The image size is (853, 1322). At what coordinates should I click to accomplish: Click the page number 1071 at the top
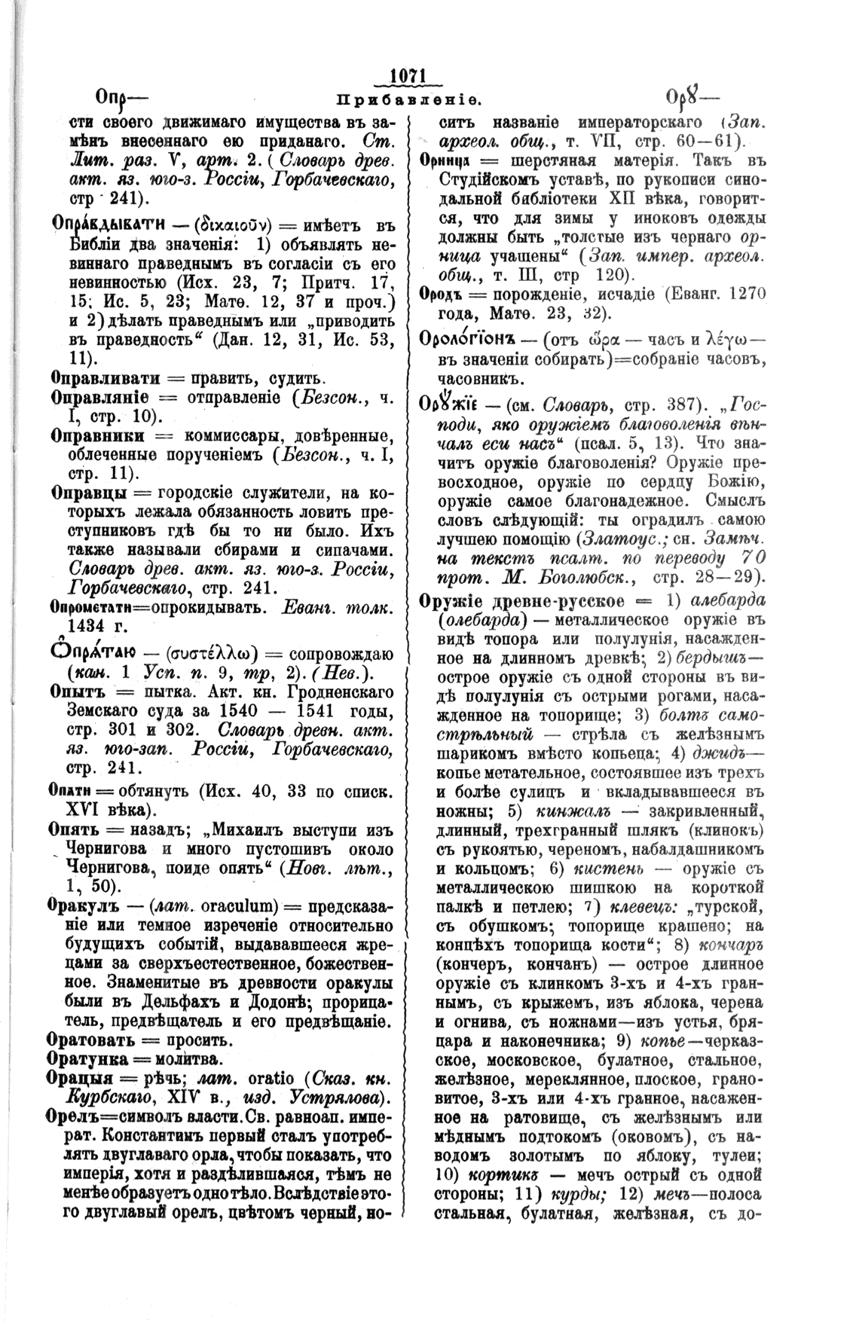click(408, 78)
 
